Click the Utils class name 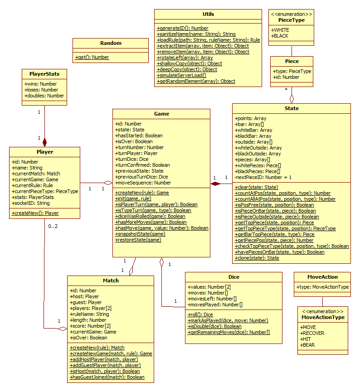(208, 14)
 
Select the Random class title (111, 43)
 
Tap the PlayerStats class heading (44, 73)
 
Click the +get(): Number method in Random (92, 57)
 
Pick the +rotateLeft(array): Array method (185, 58)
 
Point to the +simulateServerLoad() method (181, 75)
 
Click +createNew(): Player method (35, 213)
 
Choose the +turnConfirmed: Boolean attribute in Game (143, 165)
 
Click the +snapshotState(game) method (141, 234)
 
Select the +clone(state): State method (257, 258)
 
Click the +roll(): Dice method (200, 315)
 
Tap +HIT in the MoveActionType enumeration (306, 339)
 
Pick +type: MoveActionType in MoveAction (322, 287)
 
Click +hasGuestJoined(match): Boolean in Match (107, 377)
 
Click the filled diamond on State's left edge (215, 183)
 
